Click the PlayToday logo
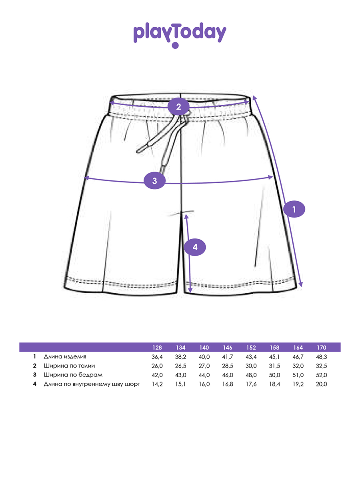(180, 35)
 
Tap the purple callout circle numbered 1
(294, 209)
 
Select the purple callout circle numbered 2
(178, 106)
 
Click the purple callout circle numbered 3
(154, 181)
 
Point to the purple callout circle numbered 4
(195, 247)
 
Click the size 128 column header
(157, 348)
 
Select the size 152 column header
(251, 348)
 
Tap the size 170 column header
(321, 348)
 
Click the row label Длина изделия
(65, 357)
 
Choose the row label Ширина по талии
(69, 366)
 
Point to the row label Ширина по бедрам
(73, 375)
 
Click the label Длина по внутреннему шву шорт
(92, 384)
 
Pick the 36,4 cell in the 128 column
(157, 357)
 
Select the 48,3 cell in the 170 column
(321, 357)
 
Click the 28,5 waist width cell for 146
(228, 366)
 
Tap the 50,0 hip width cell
(274, 375)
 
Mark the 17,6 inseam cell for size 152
(251, 384)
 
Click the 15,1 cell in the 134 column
(180, 384)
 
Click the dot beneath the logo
(175, 45)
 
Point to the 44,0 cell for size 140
(204, 375)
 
